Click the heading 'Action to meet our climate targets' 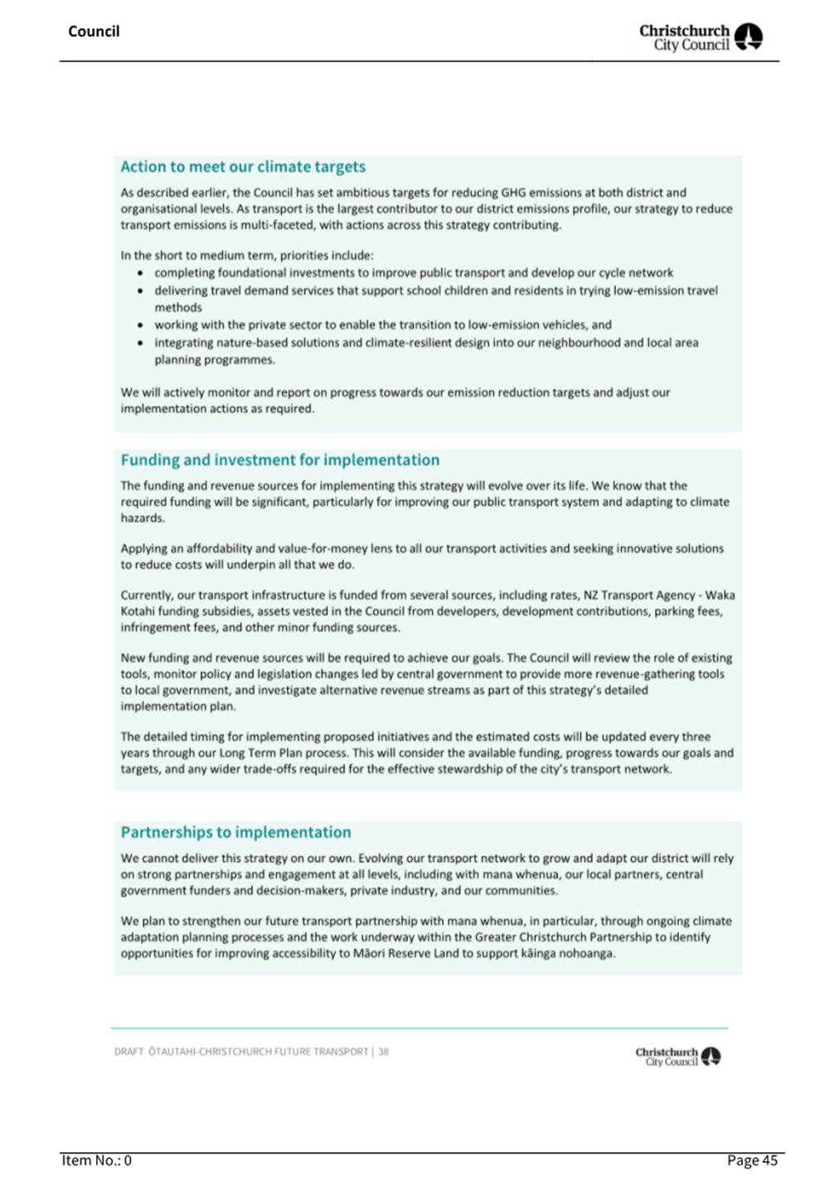click(243, 167)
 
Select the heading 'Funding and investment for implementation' click(279, 460)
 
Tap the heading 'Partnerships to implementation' click(235, 833)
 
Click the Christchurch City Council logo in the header click(701, 37)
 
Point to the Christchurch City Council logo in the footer click(677, 1057)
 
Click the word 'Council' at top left click(94, 32)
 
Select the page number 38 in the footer click(384, 1052)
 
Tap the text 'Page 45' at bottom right click(752, 1160)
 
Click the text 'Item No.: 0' click(96, 1160)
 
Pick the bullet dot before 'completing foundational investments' click(140, 273)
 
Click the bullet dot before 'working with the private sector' click(140, 325)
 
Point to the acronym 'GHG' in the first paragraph click(514, 192)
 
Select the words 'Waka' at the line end click(720, 596)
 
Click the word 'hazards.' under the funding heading click(143, 518)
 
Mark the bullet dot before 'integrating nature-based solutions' click(140, 343)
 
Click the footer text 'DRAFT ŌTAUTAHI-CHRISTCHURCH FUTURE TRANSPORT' click(241, 1052)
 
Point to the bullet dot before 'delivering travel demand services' click(140, 291)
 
